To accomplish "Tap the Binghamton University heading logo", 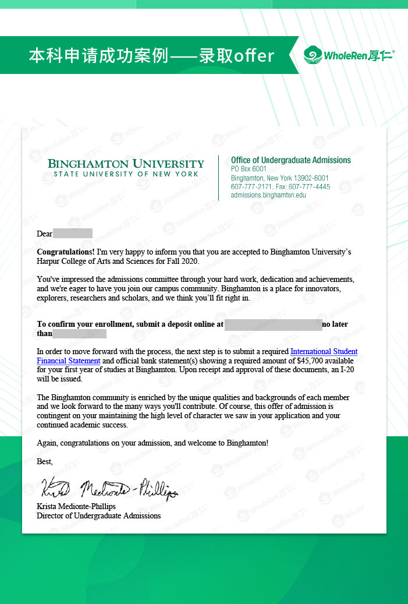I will [x=126, y=164].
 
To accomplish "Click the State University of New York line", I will [x=126, y=174].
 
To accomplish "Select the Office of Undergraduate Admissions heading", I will [x=290, y=160].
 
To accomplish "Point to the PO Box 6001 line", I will [x=249, y=169].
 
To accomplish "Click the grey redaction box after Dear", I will [x=73, y=234].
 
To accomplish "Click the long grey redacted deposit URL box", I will [x=273, y=324].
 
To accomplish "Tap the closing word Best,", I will [x=45, y=461].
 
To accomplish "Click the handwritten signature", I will [x=108, y=488].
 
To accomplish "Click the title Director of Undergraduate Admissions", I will [x=98, y=515].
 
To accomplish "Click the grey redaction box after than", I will [x=79, y=334].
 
